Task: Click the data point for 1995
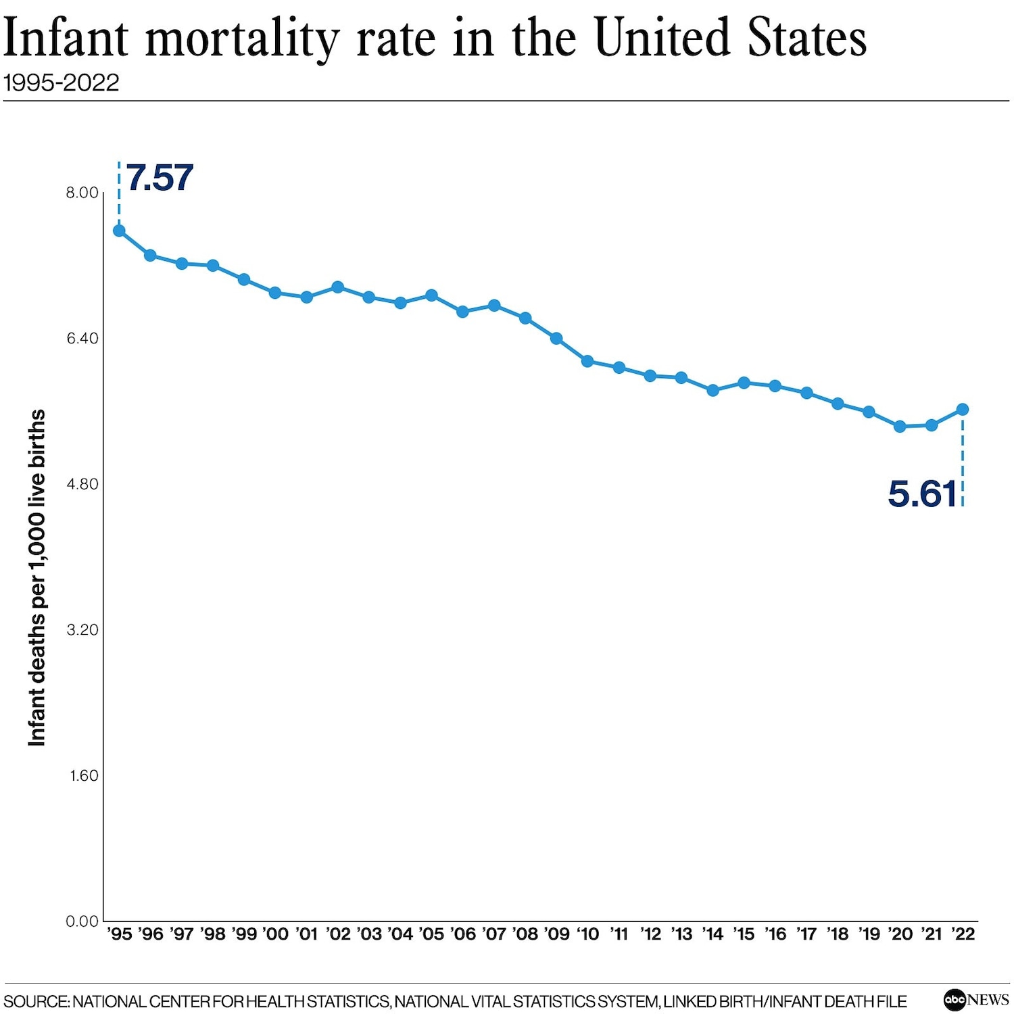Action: [119, 231]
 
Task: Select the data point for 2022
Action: [963, 410]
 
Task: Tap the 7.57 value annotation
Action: [160, 178]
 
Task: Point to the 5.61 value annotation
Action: [922, 493]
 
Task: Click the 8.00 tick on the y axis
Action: [82, 193]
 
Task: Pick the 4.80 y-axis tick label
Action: [82, 484]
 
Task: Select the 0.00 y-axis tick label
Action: [82, 921]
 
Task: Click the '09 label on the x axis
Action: [557, 934]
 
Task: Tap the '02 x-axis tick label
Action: [338, 934]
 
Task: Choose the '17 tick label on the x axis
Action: [806, 934]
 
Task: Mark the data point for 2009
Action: [556, 338]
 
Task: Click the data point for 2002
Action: [338, 287]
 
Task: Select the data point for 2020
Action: [900, 427]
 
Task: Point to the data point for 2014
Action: [713, 391]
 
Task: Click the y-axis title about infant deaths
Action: [37, 578]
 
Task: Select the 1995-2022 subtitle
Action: [62, 82]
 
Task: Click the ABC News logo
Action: [976, 999]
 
